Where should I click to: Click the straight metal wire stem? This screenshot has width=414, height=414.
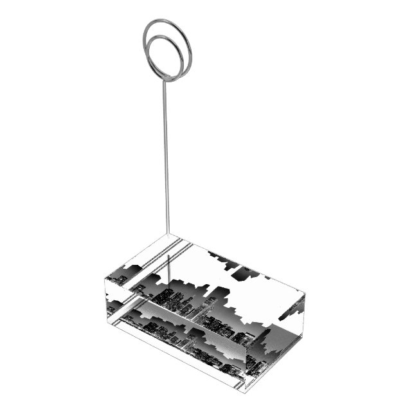168,161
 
